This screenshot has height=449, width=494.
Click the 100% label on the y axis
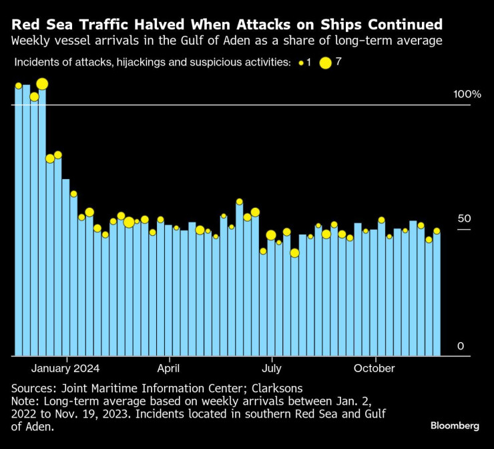point(467,94)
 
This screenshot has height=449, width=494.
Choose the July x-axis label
point(271,368)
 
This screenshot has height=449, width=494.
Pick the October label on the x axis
point(374,368)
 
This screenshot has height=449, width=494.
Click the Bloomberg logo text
point(455,426)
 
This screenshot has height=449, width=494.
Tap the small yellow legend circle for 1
point(301,63)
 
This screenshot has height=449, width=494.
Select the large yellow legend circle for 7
point(326,63)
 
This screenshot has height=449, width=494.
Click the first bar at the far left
point(19,220)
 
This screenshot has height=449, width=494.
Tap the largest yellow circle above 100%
point(42,84)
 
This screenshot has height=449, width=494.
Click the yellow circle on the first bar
point(19,86)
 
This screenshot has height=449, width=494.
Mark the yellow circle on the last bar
point(437,231)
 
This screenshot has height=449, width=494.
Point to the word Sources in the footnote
point(33,388)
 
